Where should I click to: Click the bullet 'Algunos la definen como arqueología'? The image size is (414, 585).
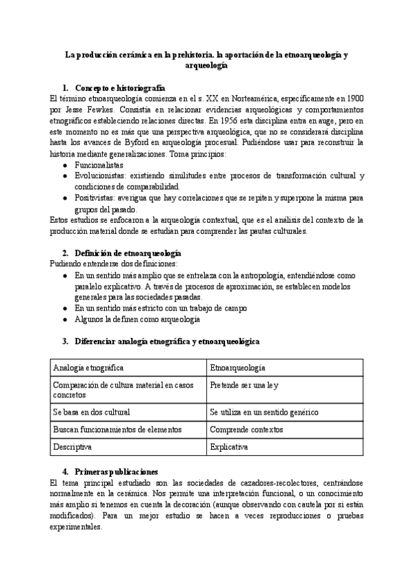pyautogui.click(x=137, y=319)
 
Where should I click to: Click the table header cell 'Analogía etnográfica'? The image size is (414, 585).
pyautogui.click(x=88, y=368)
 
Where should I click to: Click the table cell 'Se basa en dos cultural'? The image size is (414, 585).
pyautogui.click(x=95, y=412)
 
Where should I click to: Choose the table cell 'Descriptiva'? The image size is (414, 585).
pyautogui.click(x=72, y=447)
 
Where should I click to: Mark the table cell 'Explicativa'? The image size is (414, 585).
pyautogui.click(x=229, y=447)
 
